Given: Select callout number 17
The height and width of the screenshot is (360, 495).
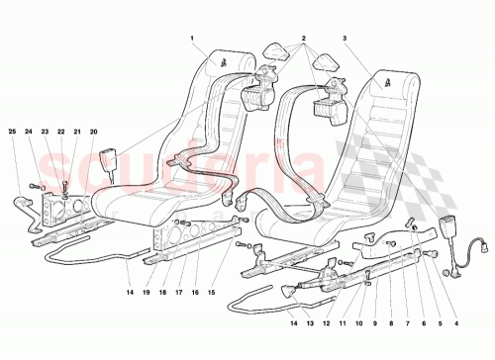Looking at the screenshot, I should tap(180, 294).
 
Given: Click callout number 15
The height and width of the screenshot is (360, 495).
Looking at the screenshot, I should tap(211, 294).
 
